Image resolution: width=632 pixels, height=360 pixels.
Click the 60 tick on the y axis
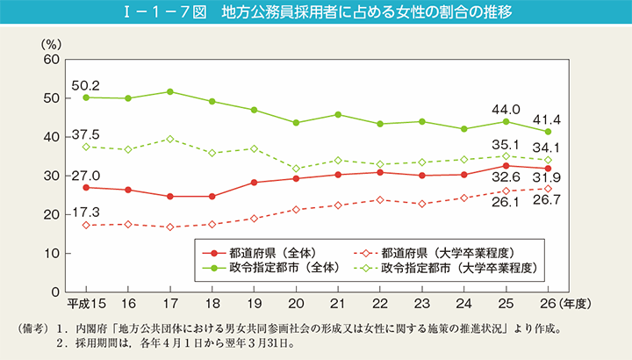(51, 60)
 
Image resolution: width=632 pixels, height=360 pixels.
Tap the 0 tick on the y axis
(55, 292)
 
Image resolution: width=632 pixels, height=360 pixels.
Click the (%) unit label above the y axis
(52, 42)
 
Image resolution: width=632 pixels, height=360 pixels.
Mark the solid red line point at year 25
(506, 165)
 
